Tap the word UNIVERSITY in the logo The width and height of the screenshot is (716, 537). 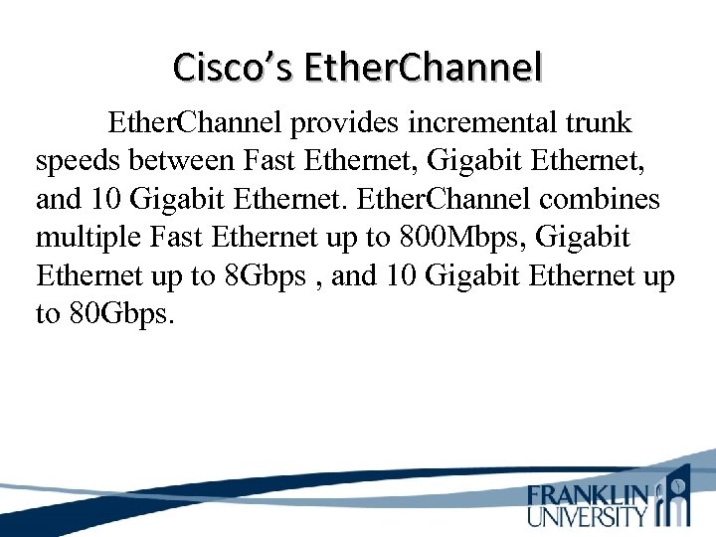coord(588,515)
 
